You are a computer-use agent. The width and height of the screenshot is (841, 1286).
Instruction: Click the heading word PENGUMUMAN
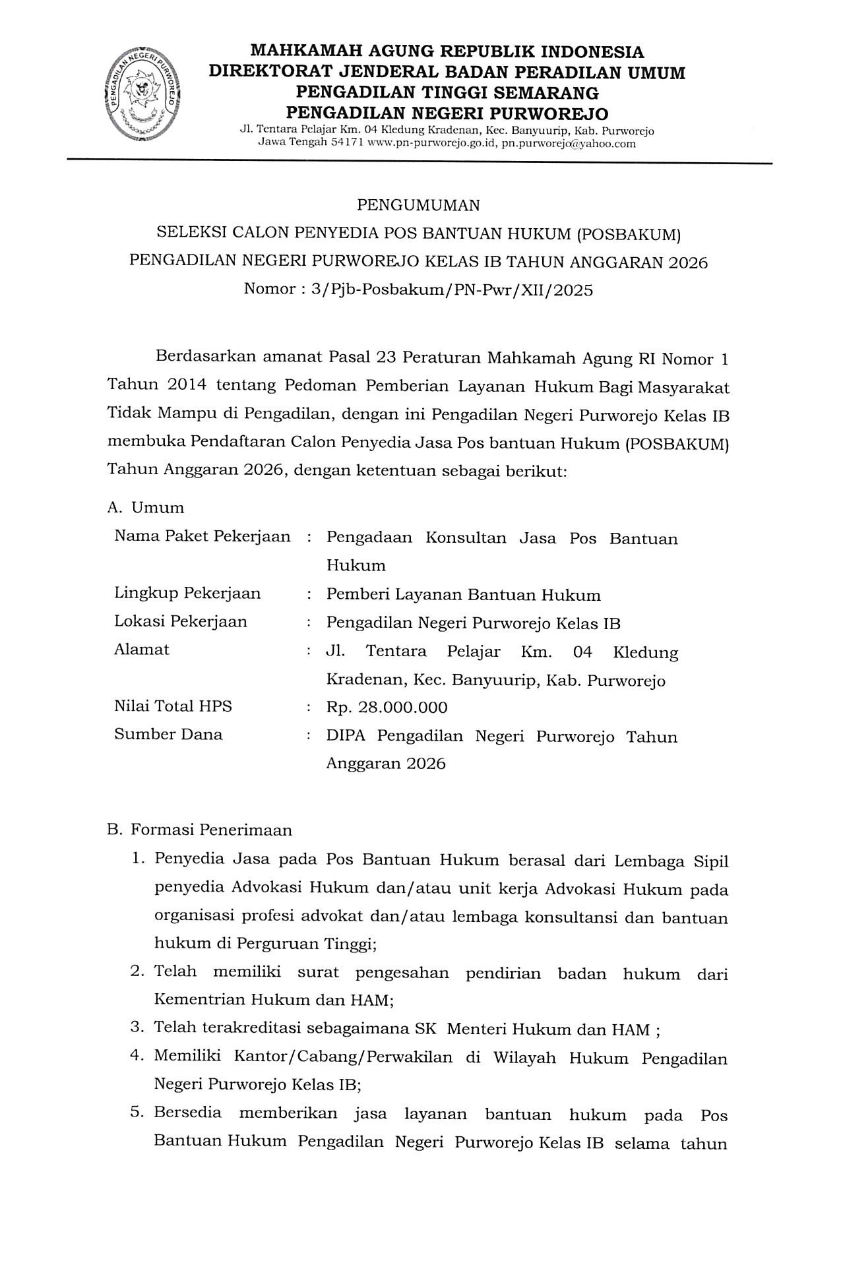point(418,205)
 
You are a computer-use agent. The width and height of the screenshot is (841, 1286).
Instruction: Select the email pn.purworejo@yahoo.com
point(569,143)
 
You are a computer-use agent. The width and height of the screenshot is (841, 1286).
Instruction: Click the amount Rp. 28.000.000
point(387,708)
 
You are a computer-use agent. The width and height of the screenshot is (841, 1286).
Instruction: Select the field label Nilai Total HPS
point(173,706)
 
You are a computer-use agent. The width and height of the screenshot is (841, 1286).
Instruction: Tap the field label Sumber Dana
point(168,735)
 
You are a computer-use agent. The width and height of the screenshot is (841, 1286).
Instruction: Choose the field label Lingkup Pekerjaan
point(187,594)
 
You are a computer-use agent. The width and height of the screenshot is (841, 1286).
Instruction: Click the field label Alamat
point(142,650)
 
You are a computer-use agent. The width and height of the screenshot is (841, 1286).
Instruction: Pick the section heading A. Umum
point(146,508)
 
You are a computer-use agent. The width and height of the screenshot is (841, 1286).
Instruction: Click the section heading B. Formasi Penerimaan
point(199,830)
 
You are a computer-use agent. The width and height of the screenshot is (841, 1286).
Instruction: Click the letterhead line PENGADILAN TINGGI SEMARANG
point(447,92)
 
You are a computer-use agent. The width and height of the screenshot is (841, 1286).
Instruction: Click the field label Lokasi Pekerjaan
point(181,622)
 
